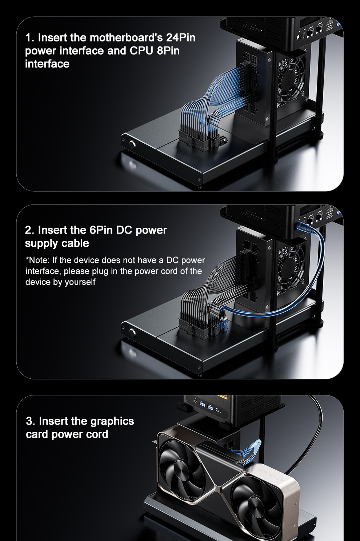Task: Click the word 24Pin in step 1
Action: [181, 38]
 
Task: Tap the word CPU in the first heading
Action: [141, 51]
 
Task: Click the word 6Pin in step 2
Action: [101, 230]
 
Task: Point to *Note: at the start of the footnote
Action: [38, 260]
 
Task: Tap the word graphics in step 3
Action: [112, 422]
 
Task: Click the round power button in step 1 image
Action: [132, 144]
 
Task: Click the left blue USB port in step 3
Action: [202, 404]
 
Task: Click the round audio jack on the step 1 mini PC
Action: [299, 37]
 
